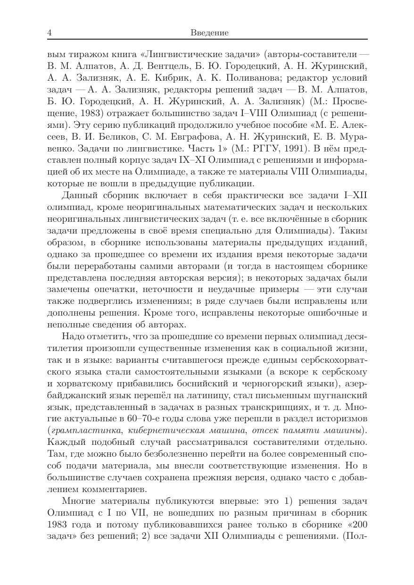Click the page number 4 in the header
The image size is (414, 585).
tap(50, 33)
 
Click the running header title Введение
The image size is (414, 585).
tap(210, 33)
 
